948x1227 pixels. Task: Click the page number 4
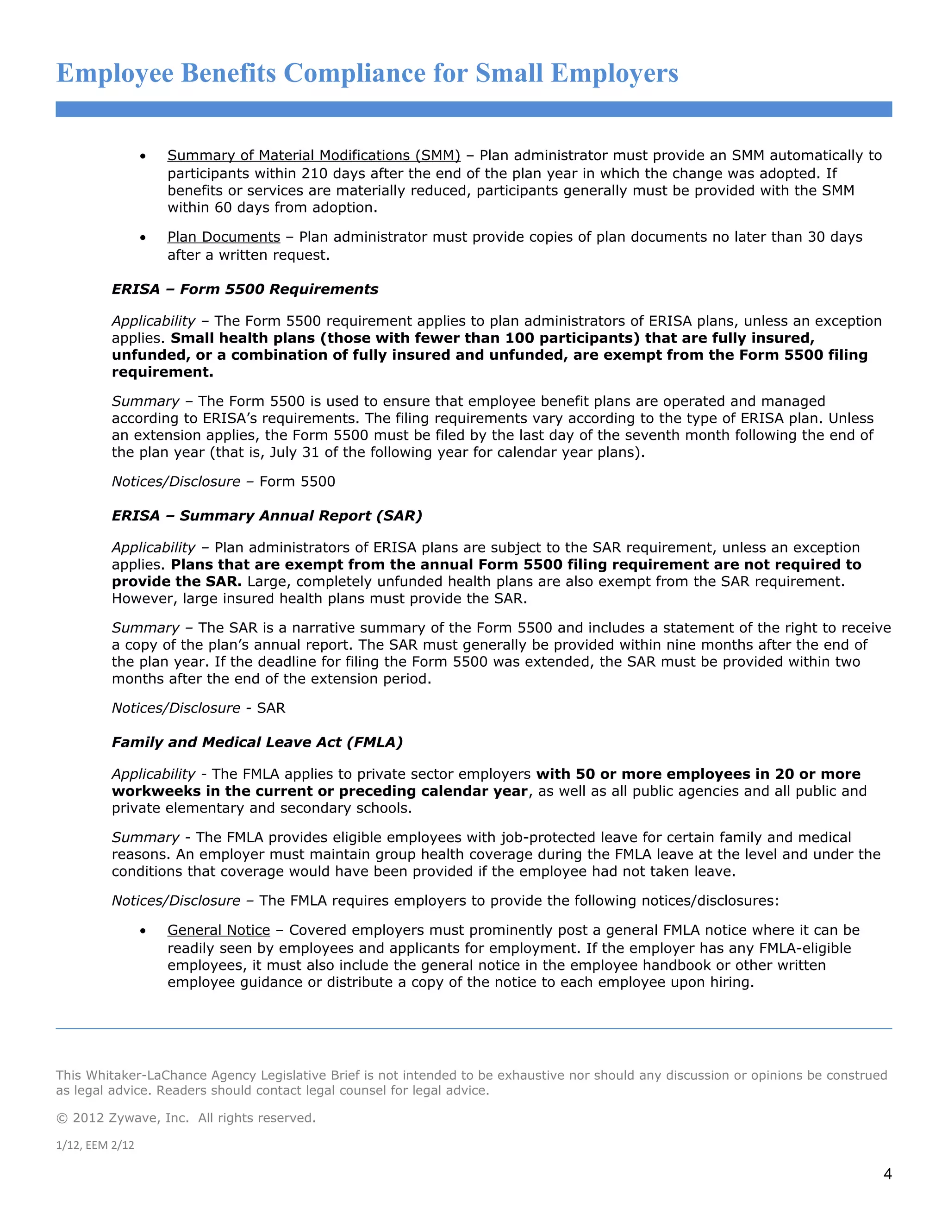(887, 1174)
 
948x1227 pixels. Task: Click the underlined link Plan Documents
(224, 237)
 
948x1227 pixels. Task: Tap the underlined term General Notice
(218, 930)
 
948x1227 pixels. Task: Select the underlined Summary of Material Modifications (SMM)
(313, 156)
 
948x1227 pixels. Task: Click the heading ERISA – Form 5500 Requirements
(245, 289)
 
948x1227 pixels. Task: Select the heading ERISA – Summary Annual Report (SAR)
(267, 516)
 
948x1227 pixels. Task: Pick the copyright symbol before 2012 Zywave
(61, 1118)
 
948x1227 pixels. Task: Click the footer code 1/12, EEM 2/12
(95, 1145)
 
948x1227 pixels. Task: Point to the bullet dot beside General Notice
(143, 932)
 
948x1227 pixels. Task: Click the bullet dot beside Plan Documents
(143, 238)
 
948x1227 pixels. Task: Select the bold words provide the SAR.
(176, 582)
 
